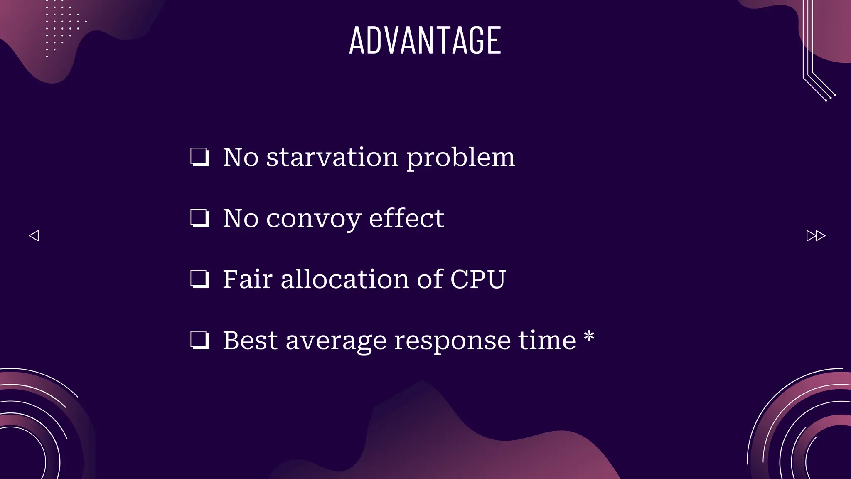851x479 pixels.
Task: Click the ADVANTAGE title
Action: (x=425, y=40)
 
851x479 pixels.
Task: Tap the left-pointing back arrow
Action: (x=34, y=236)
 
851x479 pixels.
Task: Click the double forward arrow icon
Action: (x=816, y=236)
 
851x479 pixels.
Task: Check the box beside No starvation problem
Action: (x=199, y=157)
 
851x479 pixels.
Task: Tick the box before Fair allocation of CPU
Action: (x=199, y=279)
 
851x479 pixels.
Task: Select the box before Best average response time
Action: (x=199, y=340)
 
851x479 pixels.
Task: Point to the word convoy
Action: (x=314, y=219)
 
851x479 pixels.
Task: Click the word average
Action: (x=337, y=341)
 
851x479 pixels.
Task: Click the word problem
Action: (x=460, y=158)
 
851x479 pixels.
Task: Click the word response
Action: (x=452, y=341)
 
